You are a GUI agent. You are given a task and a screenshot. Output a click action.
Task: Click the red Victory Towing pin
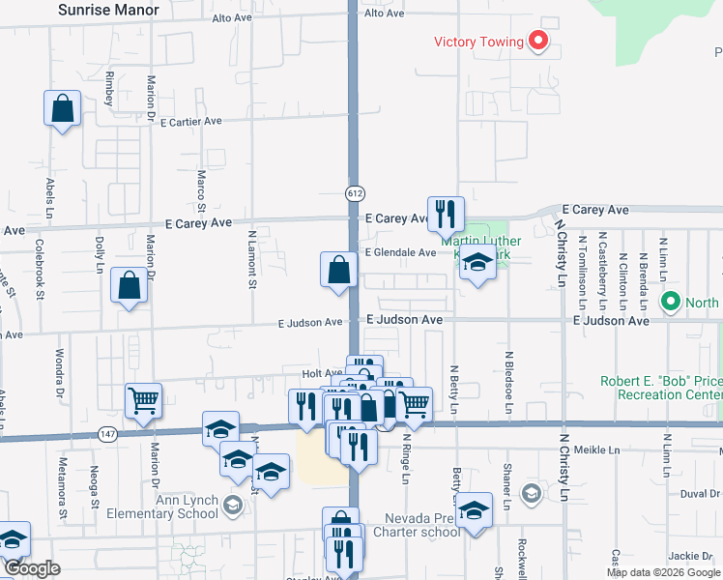tap(537, 42)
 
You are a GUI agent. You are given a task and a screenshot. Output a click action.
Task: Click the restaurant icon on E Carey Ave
tap(446, 216)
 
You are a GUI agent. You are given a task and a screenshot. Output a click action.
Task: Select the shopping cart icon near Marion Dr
tap(143, 401)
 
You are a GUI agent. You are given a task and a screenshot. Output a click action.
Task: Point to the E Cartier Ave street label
tap(191, 122)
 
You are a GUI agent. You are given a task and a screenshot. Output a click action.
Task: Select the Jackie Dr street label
tap(689, 556)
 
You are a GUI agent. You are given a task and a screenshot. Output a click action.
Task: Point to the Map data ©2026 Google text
tap(662, 572)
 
